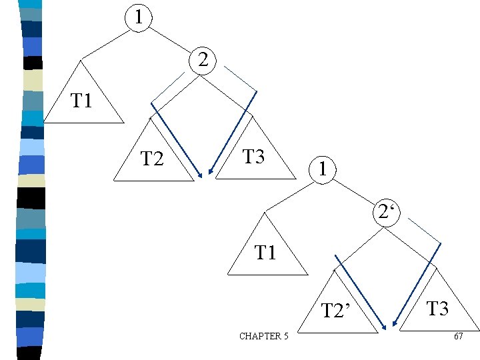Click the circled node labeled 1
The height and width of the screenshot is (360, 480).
(x=137, y=15)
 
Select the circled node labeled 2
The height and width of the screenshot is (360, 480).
(x=203, y=61)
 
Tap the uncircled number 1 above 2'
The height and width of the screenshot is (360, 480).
(x=322, y=169)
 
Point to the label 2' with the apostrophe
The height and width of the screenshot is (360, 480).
(x=385, y=213)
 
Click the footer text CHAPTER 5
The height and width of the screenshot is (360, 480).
(x=263, y=336)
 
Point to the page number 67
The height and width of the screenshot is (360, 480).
(x=458, y=336)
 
